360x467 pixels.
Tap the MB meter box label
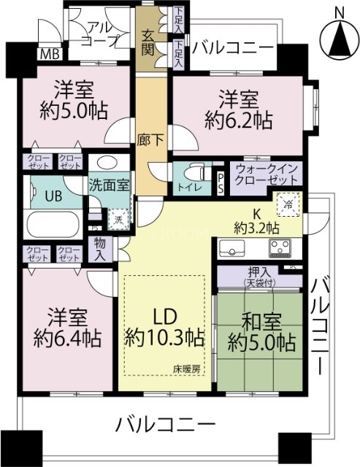[50, 53]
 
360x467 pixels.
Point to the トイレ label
[186, 188]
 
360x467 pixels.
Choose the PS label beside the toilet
[221, 182]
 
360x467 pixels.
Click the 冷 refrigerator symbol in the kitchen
[288, 206]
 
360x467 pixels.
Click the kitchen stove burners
[280, 249]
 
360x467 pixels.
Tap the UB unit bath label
[53, 196]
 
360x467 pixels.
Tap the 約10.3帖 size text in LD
[164, 337]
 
